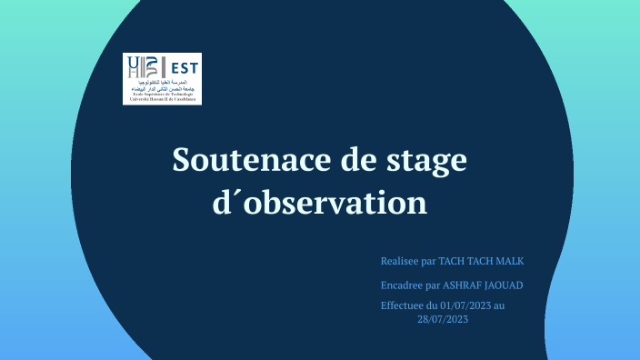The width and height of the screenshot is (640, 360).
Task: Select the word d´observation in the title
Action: pos(319,201)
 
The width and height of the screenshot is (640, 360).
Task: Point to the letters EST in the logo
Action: pos(185,66)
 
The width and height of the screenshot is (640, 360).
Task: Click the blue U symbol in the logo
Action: pos(136,65)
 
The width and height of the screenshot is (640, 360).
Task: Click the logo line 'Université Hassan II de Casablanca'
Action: pos(162,97)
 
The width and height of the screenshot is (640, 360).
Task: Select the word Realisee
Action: pos(401,262)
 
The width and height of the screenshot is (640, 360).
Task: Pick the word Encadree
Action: pos(403,285)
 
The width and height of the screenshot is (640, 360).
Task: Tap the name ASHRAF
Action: pos(463,285)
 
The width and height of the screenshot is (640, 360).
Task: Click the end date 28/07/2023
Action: pos(443,318)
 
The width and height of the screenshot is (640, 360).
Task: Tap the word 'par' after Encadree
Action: pos(434,285)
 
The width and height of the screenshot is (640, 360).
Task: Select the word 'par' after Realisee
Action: pos(430,262)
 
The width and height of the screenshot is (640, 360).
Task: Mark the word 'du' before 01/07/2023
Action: pos(434,305)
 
